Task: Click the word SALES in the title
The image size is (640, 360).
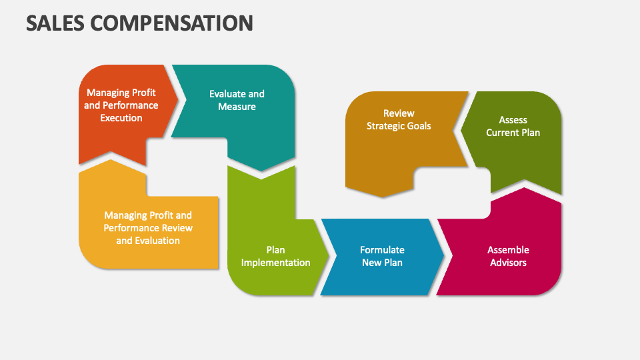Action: point(55,23)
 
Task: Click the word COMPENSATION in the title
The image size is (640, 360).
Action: point(171,23)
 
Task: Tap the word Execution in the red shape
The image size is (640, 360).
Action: point(121,118)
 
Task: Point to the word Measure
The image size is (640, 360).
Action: point(237,107)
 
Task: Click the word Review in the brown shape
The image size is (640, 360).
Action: point(399,113)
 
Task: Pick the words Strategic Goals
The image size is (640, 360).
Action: point(399,126)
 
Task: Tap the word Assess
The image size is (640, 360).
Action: point(513,120)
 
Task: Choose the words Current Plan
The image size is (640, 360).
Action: point(513,133)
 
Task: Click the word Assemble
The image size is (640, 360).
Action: point(508,250)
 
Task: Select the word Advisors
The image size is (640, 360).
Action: point(508,263)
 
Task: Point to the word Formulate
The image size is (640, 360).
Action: point(382,250)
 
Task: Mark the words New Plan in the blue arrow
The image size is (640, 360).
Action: point(382,263)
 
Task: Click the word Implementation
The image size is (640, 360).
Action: point(275,263)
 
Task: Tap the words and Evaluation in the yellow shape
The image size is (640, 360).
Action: point(148,241)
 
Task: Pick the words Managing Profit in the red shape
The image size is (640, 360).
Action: point(121,93)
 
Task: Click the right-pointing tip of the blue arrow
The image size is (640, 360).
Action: point(444,256)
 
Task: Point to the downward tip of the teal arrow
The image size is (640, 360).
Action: point(261,171)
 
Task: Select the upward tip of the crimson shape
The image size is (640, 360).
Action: point(524,188)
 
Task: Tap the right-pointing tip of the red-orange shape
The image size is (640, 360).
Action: point(179,99)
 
